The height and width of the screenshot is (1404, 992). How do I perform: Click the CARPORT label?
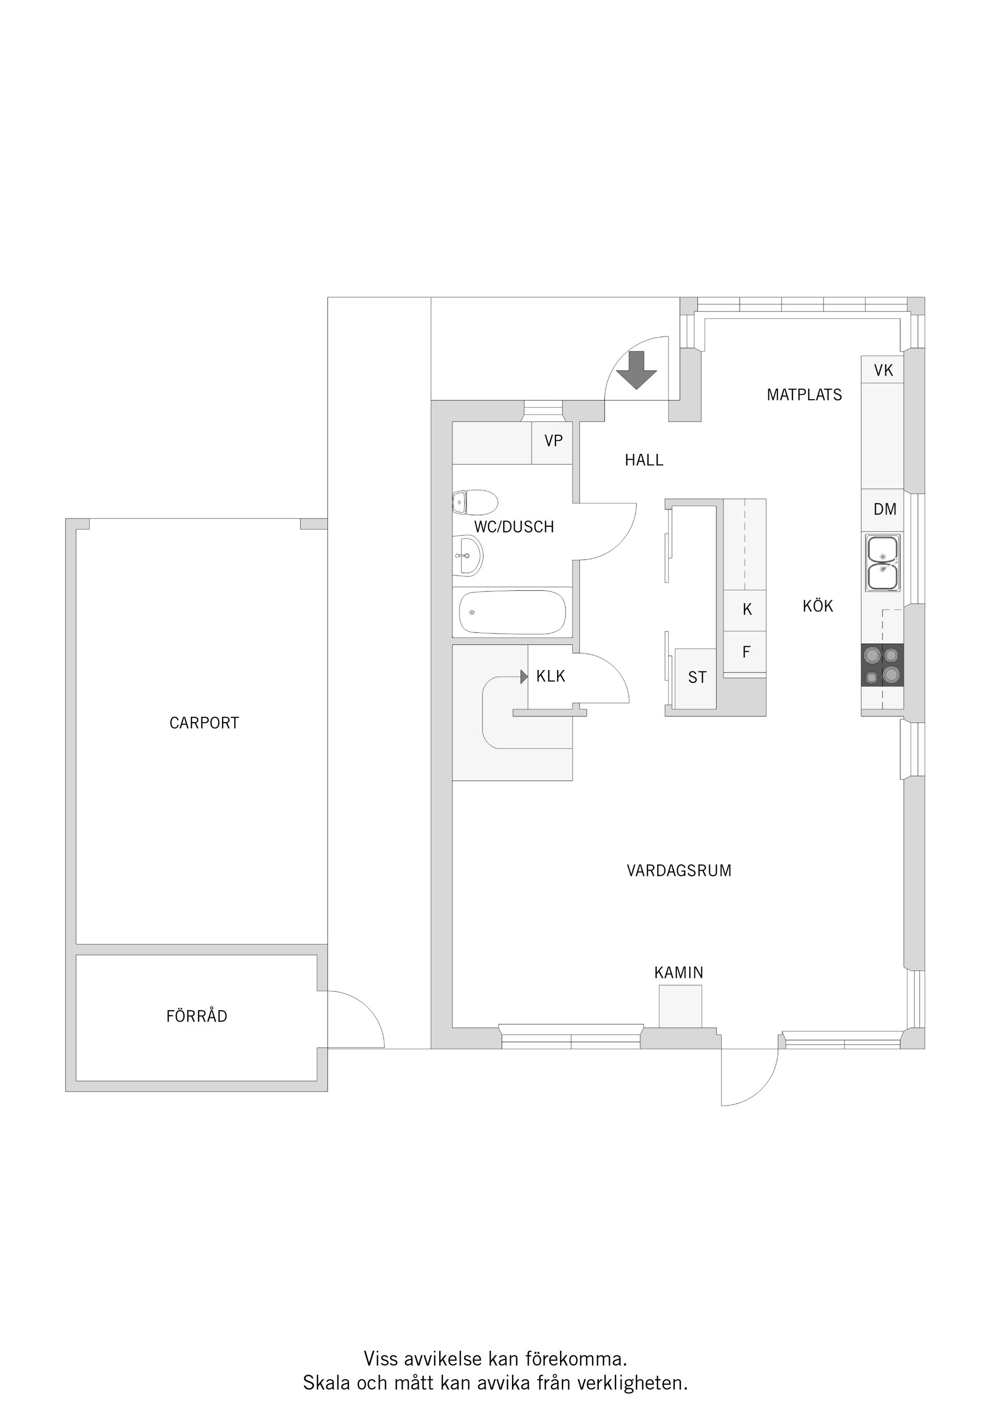pyautogui.click(x=204, y=723)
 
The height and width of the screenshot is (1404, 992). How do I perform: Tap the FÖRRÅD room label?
pyautogui.click(x=196, y=1016)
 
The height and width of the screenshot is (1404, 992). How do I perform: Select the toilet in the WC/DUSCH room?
pyautogui.click(x=475, y=502)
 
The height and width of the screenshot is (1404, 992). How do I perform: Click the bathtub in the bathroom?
pyautogui.click(x=512, y=612)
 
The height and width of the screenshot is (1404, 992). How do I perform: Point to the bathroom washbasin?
pyautogui.click(x=468, y=556)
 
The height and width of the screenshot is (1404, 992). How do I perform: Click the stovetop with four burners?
pyautogui.click(x=882, y=665)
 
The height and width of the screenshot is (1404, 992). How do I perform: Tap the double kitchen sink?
pyautogui.click(x=882, y=562)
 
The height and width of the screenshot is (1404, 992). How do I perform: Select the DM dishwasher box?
pyautogui.click(x=885, y=509)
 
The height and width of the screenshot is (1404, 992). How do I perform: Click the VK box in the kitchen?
pyautogui.click(x=883, y=370)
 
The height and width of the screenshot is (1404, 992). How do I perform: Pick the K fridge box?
pyautogui.click(x=746, y=609)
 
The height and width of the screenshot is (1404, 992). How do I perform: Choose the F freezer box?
pyautogui.click(x=746, y=652)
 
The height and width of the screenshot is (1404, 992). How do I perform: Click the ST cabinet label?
pyautogui.click(x=697, y=678)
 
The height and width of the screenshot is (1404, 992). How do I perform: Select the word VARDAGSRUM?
pyautogui.click(x=678, y=871)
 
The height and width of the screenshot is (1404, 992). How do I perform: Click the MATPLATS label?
pyautogui.click(x=804, y=395)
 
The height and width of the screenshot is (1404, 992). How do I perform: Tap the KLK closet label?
pyautogui.click(x=550, y=676)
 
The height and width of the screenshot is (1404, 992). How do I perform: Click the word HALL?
pyautogui.click(x=644, y=461)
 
